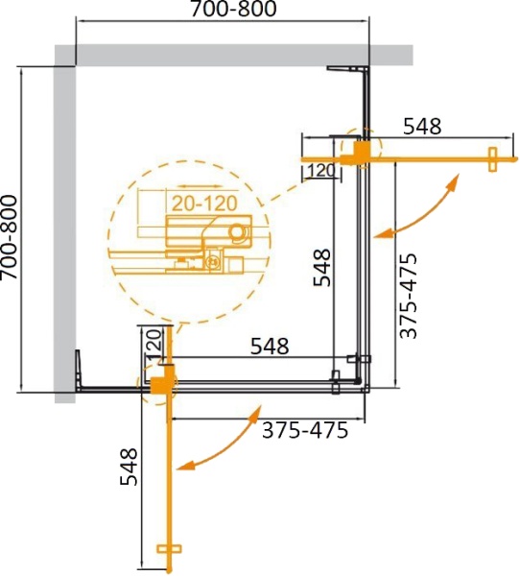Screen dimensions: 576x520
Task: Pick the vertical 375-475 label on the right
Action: [x=410, y=296]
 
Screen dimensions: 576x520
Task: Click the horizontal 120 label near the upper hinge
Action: [x=320, y=172]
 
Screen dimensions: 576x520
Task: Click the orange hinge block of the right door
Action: [x=355, y=151]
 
